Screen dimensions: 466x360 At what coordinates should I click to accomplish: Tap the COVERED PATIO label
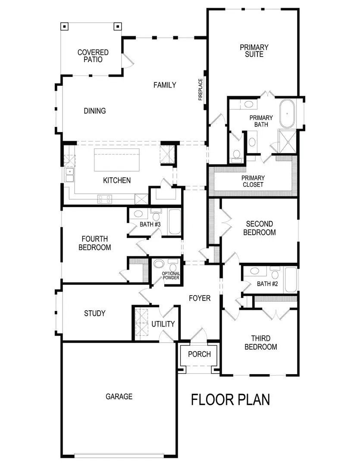93,56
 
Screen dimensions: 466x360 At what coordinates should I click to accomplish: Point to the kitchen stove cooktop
105,199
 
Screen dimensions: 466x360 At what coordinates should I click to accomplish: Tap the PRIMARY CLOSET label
253,181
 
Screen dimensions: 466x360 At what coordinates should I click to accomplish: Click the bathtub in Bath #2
291,280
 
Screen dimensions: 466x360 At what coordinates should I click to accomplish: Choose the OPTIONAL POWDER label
171,276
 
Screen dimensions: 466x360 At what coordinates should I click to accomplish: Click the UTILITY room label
163,324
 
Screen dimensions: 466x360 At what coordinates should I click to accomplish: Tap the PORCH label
200,354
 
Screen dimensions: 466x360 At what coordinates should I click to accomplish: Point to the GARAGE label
119,397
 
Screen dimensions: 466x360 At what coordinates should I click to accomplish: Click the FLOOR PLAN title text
231,400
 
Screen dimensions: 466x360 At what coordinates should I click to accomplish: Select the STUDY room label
94,313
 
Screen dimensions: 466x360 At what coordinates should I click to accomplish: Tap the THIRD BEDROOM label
260,343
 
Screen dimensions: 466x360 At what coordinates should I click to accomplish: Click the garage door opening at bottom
119,454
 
